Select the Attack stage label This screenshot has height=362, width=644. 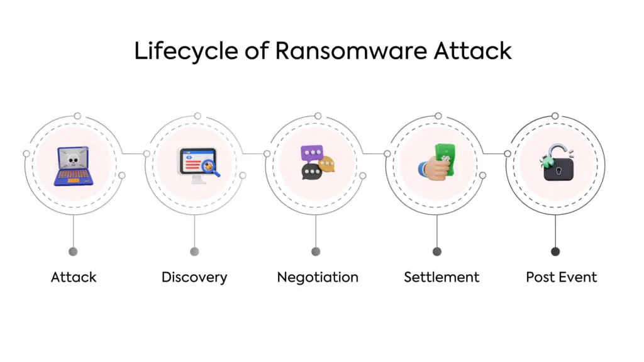74,277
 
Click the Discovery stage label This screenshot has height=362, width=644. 194,277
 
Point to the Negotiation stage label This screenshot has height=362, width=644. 318,277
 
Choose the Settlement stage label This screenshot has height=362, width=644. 441,277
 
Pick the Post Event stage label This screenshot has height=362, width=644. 562,277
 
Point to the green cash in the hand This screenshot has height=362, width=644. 445,160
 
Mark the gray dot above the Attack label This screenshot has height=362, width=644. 74,251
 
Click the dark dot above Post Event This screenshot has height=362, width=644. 555,251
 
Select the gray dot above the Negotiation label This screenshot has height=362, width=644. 316,251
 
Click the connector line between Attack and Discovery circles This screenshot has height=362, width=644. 133,153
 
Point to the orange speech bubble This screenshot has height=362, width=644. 327,165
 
